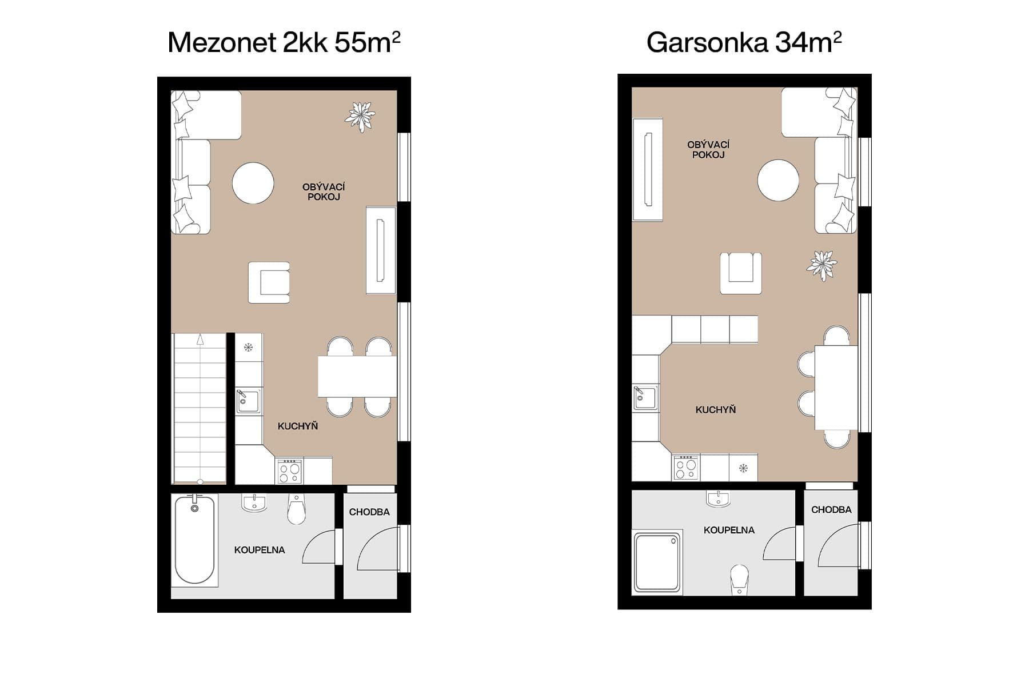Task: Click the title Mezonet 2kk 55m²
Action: pos(284,43)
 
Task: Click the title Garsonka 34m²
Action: pos(743,43)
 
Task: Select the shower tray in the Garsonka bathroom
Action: pos(657,563)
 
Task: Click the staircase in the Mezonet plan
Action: pos(200,409)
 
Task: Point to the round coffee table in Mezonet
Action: pos(253,183)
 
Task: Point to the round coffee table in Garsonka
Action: pos(778,180)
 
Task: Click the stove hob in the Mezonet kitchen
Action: pos(289,471)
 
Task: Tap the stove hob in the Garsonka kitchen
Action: pos(685,468)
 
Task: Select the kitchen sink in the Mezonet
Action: pos(249,401)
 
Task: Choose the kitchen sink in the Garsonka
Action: pos(645,397)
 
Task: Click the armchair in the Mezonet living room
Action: pos(269,282)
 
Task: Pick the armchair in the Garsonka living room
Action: pos(740,273)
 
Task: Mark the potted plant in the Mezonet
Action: pos(360,116)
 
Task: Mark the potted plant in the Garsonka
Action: pos(822,265)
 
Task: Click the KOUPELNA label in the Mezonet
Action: pos(259,550)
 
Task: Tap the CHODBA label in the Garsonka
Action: pos(831,509)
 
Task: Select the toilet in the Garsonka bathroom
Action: pos(739,579)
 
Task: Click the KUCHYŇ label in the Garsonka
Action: pos(715,409)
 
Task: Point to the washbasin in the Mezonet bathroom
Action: pos(253,502)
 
